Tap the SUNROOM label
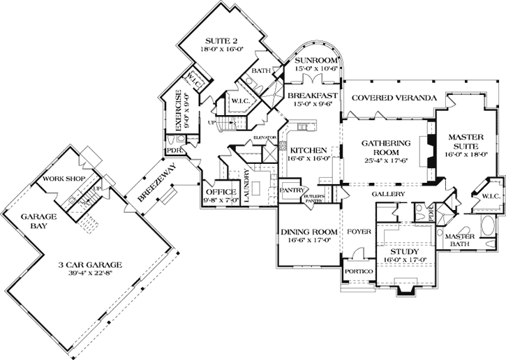(315, 61)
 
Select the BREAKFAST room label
(313, 96)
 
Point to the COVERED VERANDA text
(394, 97)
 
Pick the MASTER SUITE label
(466, 142)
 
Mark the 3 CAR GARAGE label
(91, 265)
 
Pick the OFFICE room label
(221, 192)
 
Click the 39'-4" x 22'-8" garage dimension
(91, 276)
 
